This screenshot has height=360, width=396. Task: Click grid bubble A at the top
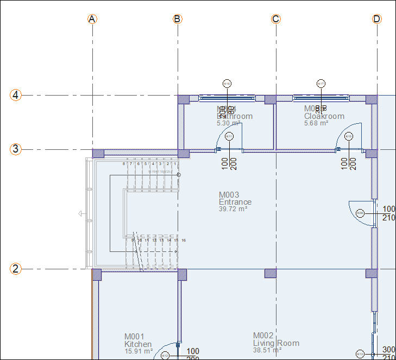tap(92, 19)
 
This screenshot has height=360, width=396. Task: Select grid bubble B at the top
tap(178, 19)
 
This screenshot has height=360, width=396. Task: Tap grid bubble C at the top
tap(276, 19)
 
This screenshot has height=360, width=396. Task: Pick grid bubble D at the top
tap(377, 19)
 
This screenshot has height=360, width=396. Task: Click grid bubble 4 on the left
tap(16, 95)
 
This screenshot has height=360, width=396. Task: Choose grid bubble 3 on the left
tap(16, 149)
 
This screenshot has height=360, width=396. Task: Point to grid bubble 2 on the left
tap(16, 268)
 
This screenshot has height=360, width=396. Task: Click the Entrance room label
tap(235, 202)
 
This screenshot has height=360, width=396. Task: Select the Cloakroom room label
tap(324, 116)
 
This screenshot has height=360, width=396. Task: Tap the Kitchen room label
tap(138, 344)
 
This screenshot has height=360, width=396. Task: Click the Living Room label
tap(276, 343)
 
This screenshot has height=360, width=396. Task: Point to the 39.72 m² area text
tap(233, 209)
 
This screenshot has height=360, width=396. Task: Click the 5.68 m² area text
tap(316, 123)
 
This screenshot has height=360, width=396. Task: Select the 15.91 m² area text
tap(139, 351)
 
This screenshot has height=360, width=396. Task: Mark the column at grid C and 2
tap(270, 273)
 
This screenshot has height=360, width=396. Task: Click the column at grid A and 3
tap(98, 153)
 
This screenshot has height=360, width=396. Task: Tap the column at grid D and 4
tap(371, 99)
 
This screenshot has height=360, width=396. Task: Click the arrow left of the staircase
tap(81, 214)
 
